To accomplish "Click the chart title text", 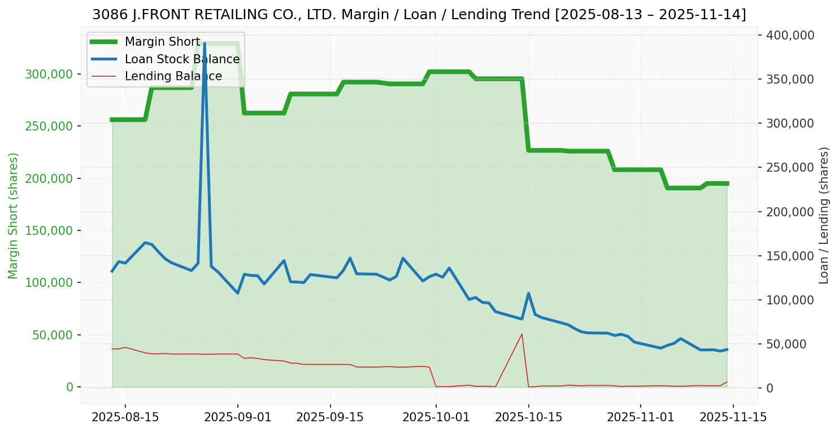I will pos(419,15).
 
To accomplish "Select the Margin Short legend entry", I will pos(162,42).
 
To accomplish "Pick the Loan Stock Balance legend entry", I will pos(182,59).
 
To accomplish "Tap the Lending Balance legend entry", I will pos(173,76).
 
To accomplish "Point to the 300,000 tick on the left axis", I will pos(49,74).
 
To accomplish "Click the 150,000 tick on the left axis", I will pos(49,230).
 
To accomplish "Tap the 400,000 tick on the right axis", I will pos(790,35).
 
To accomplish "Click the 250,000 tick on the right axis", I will pos(790,167).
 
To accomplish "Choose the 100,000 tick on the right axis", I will pos(790,300).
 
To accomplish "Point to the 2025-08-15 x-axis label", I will pos(125,418).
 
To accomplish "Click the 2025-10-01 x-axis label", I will pos(436,418).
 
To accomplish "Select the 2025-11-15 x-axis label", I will pos(733,418).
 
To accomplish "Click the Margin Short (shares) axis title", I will pos(14,215).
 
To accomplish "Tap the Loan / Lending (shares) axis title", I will pos(824,215).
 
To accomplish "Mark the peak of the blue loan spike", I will pos(204,43).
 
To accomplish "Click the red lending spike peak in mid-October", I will pos(521,334).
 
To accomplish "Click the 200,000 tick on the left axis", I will pos(49,178).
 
